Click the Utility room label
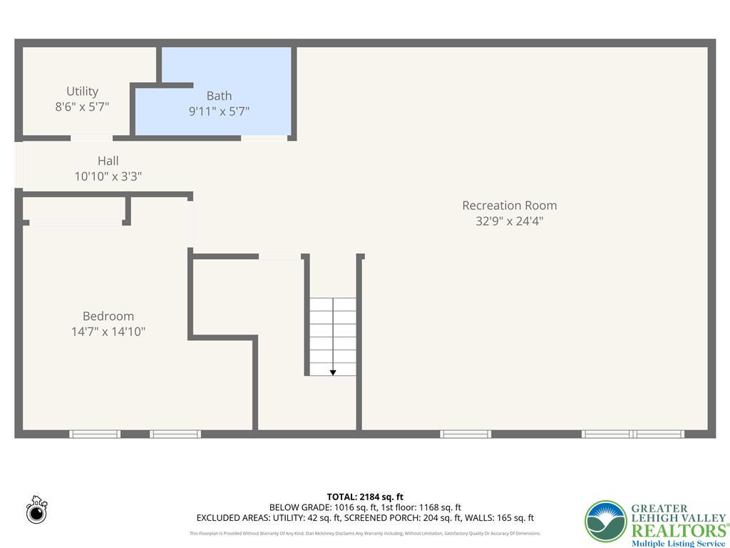pos(82,91)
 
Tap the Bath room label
pos(219,96)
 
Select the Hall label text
pos(108,161)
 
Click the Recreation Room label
pos(509,205)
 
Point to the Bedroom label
pos(108,316)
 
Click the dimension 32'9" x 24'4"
pos(509,221)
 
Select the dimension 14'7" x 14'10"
pos(108,332)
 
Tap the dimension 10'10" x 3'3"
pos(108,176)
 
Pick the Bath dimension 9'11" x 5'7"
pos(219,111)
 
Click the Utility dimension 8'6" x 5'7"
pos(82,107)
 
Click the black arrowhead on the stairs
pos(333,372)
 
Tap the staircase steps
pos(333,332)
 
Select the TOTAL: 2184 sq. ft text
pos(365,497)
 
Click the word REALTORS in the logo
pos(679,530)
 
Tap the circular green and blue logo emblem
pos(606,522)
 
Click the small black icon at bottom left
pos(36,510)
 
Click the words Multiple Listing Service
pos(678,544)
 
